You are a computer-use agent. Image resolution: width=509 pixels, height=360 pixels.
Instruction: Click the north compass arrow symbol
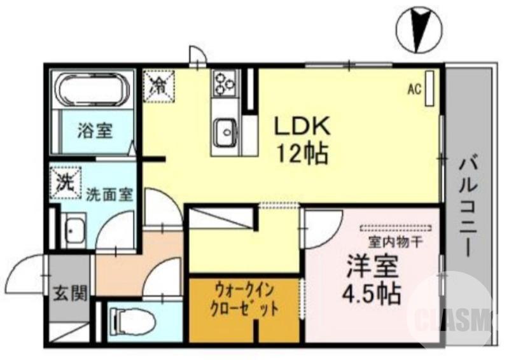click(x=419, y=29)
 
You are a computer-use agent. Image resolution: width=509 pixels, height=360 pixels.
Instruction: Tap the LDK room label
click(x=302, y=126)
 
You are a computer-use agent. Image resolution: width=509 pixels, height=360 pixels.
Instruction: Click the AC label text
click(x=415, y=90)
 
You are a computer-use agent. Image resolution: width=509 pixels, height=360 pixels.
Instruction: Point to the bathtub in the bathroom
click(x=94, y=90)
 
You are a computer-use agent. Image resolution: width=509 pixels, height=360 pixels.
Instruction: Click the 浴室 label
click(x=95, y=132)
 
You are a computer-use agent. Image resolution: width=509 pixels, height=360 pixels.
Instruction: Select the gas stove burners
click(x=224, y=81)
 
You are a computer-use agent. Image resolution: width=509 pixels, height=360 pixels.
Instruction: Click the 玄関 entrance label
click(x=66, y=294)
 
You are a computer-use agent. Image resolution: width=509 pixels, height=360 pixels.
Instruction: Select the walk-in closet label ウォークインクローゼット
click(x=244, y=302)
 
